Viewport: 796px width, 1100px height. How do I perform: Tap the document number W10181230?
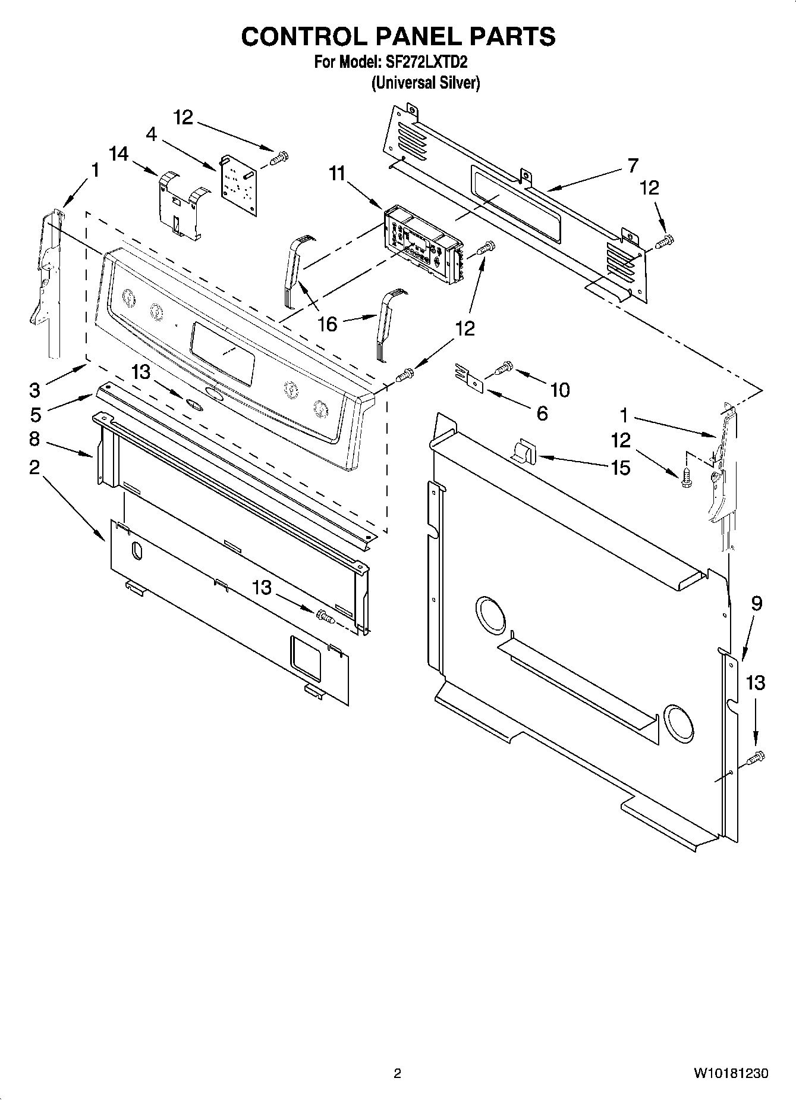pyautogui.click(x=730, y=1073)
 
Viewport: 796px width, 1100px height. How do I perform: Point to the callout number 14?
pyautogui.click(x=119, y=154)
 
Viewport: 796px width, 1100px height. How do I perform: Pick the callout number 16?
pyautogui.click(x=327, y=324)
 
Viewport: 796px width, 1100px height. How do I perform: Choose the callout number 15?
pyautogui.click(x=620, y=468)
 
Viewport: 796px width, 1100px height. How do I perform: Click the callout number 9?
pyautogui.click(x=756, y=603)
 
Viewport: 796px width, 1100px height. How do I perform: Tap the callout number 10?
pyautogui.click(x=560, y=390)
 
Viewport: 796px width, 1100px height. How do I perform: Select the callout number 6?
pyautogui.click(x=542, y=413)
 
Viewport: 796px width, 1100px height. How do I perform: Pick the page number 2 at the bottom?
pyautogui.click(x=398, y=1073)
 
